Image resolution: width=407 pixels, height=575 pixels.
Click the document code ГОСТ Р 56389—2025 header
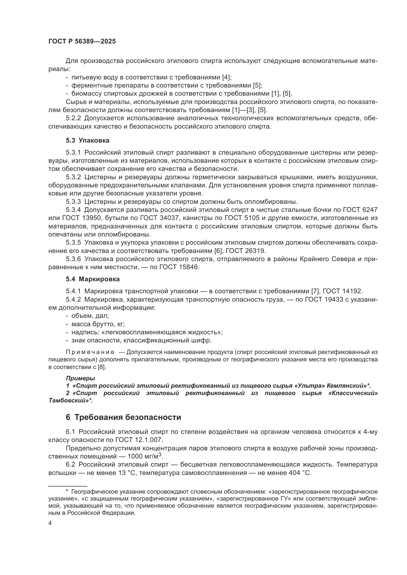coord(82,42)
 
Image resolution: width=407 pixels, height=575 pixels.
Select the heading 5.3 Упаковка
coord(88,141)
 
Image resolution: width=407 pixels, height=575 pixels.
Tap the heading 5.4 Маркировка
coord(93,279)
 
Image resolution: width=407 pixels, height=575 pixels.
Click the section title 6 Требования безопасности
coord(123,417)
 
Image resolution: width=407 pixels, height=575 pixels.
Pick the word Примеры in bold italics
coord(80,378)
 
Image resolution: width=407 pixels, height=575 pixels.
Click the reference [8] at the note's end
coord(101,367)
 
